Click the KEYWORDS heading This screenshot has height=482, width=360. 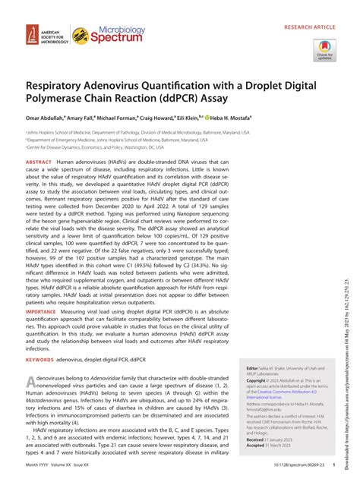point(39,382)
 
